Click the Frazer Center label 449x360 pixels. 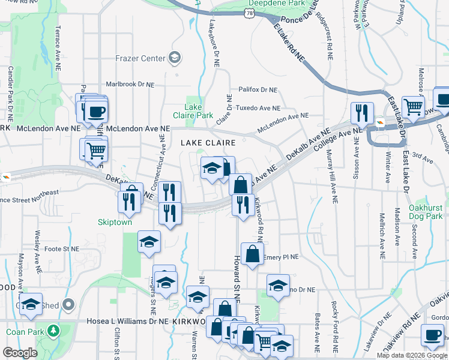140,58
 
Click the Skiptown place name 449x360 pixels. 115,221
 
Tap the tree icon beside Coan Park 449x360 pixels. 53,331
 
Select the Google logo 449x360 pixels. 20,353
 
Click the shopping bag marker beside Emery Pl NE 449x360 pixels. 253,253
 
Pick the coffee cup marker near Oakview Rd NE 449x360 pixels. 432,335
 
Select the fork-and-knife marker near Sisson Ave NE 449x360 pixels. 362,112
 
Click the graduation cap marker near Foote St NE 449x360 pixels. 149,242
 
